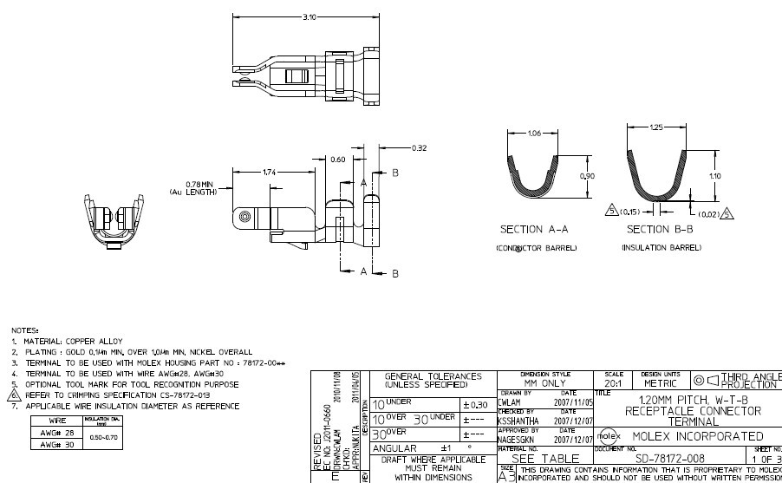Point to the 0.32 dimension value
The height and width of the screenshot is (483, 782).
coord(420,147)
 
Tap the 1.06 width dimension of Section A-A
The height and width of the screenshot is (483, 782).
coord(535,133)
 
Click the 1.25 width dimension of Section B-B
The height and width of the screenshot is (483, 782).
coord(658,127)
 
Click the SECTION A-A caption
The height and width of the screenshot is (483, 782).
coord(534,231)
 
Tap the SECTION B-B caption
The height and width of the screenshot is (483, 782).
coord(661,231)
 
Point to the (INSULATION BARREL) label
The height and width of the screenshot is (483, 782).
coord(661,248)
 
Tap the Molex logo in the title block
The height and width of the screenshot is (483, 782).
coord(608,436)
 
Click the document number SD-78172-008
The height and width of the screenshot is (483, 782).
coord(670,458)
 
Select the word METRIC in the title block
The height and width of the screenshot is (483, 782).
coord(663,383)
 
